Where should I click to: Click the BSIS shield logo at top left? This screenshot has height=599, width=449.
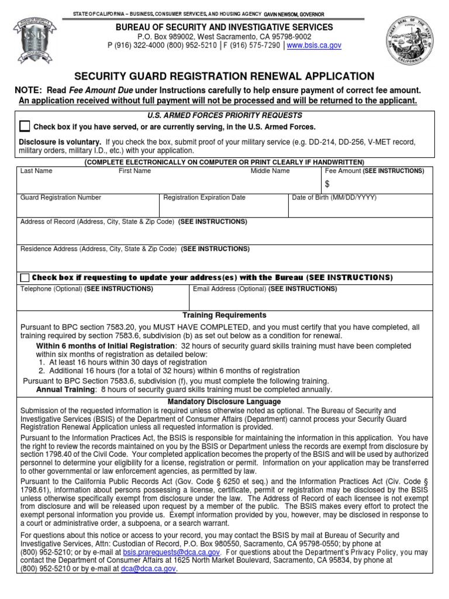(x=36, y=43)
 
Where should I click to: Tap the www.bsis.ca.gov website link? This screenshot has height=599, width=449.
(x=314, y=45)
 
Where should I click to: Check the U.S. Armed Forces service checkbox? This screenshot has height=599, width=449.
(x=25, y=126)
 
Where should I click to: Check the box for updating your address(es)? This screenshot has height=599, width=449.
(x=25, y=277)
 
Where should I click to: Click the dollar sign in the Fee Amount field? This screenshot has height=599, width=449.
(x=327, y=184)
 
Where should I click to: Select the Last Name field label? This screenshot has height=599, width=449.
(x=36, y=171)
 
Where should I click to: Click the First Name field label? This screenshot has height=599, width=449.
(x=134, y=171)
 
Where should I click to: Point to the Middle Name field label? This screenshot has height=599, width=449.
(x=270, y=171)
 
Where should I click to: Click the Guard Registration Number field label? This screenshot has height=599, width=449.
(x=61, y=198)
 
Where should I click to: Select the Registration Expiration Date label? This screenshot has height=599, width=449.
(x=204, y=198)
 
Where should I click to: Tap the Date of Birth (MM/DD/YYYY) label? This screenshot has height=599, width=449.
(x=334, y=198)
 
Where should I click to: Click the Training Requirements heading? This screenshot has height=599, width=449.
(x=224, y=315)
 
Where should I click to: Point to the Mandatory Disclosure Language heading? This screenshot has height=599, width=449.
(x=224, y=402)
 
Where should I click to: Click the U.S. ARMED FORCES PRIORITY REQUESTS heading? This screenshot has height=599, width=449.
(x=224, y=115)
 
